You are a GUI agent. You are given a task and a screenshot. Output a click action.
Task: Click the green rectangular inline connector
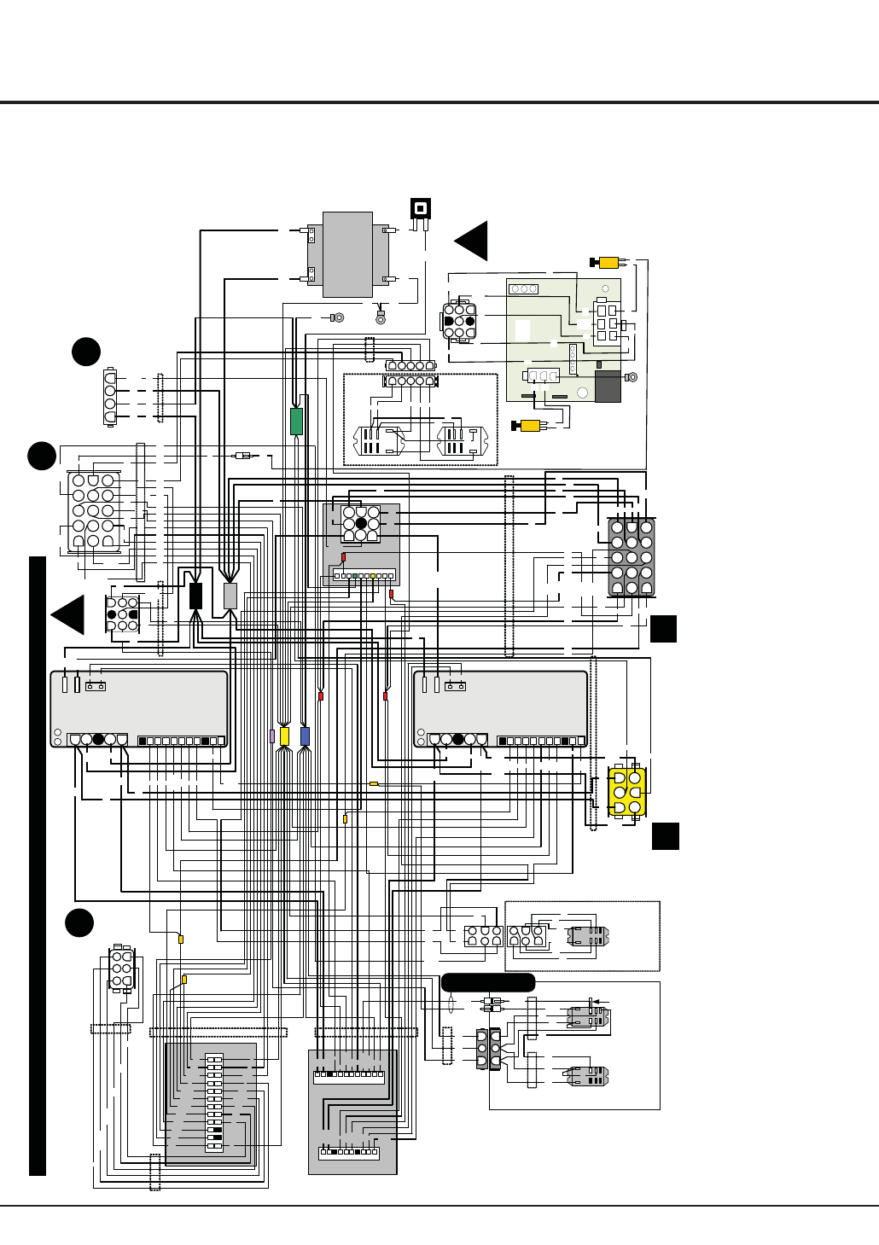pos(296,422)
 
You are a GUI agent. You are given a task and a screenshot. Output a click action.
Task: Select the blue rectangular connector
pos(305,736)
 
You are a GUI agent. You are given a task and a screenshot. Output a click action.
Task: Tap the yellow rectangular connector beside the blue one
pos(285,736)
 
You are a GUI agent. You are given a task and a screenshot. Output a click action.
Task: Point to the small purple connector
pos(272,736)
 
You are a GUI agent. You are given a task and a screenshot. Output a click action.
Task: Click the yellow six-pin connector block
pos(627,792)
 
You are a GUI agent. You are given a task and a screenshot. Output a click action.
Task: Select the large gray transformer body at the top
pos(347,254)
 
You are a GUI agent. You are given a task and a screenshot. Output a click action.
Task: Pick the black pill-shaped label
pos(488,982)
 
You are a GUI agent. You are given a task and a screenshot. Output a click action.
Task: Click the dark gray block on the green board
pos(608,387)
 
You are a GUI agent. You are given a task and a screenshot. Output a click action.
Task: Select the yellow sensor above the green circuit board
pos(608,262)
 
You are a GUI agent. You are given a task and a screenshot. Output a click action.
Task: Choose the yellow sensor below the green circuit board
pos(529,426)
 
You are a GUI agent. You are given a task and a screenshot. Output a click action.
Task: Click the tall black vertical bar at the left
pos(37,865)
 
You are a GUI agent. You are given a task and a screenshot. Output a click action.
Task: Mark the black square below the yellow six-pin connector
pos(666,836)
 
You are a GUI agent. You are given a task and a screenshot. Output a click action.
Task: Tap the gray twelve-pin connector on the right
pos(632,557)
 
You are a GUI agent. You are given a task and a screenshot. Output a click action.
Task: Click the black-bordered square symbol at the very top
pos(420,208)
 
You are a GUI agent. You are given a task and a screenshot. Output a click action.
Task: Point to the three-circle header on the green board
pos(523,289)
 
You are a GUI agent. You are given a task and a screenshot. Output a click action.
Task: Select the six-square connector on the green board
pos(607,323)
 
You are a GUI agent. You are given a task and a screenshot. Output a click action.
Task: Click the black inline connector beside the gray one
pos(195,596)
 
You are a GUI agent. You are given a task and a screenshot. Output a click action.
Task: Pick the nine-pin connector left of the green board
pos(459,322)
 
